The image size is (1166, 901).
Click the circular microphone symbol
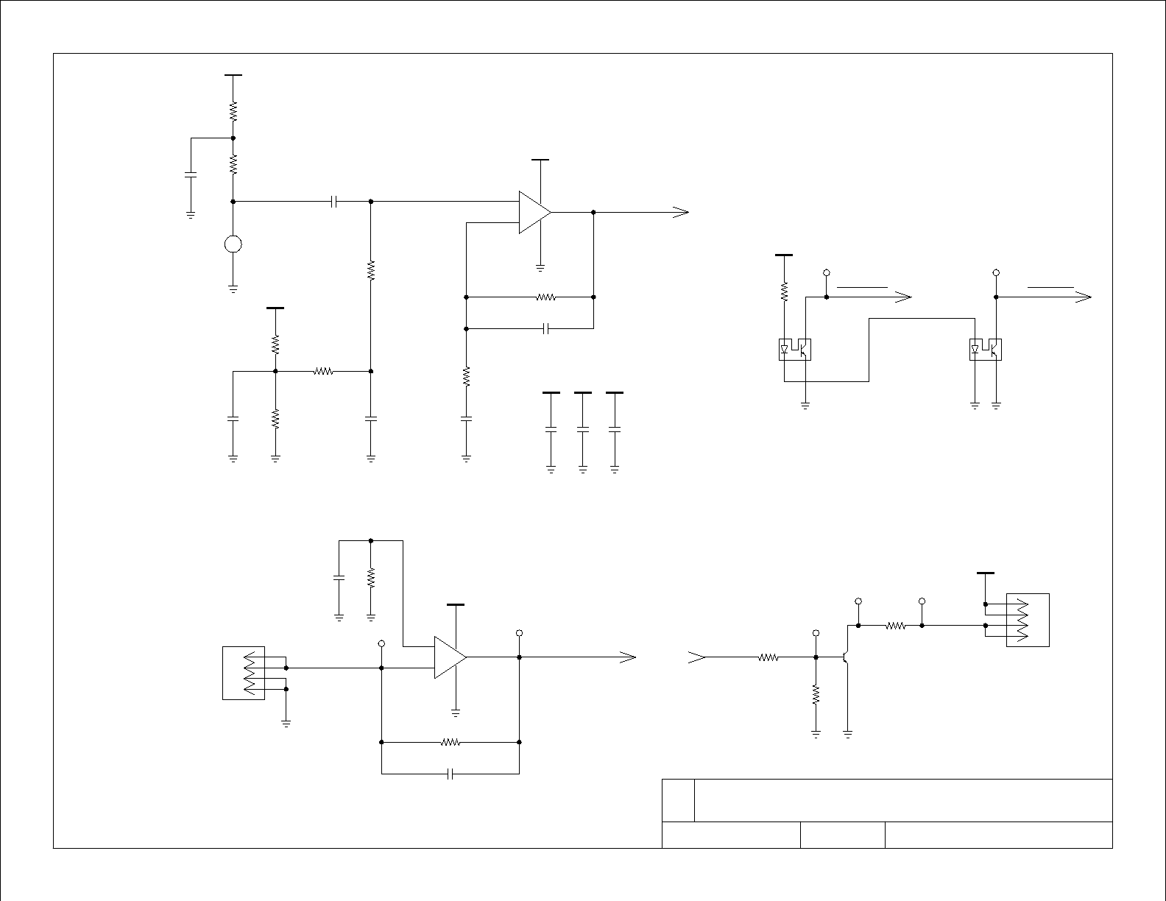233,244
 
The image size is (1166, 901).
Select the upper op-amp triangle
533,212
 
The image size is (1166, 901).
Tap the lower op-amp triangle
448,657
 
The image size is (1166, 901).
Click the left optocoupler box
795,349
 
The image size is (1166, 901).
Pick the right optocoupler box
986,349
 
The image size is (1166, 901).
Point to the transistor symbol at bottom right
847,656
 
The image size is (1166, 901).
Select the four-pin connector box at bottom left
244,673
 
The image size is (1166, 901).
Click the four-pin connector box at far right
1028,620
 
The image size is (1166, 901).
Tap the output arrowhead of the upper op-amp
680,212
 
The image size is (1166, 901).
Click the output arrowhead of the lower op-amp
627,657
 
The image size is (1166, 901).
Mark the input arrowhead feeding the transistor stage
696,657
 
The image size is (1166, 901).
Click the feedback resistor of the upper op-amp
545,297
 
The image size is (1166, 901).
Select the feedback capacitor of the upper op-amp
545,329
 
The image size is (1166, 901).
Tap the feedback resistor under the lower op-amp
450,743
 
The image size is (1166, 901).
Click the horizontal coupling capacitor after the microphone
333,201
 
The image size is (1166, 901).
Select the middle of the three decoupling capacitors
582,428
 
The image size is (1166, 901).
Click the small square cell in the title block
678,800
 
